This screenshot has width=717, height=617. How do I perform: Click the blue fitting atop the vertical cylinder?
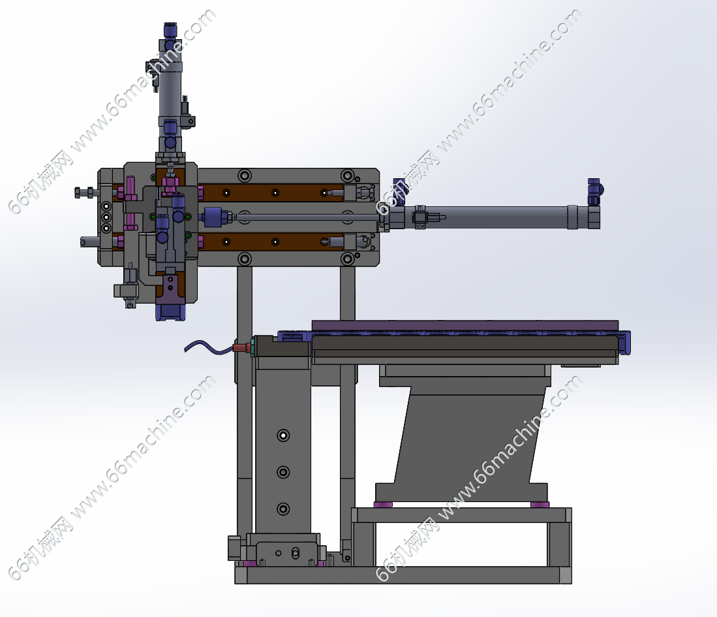(x=170, y=31)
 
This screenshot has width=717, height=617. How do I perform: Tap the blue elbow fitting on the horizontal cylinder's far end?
(x=595, y=192)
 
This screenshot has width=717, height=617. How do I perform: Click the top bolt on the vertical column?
(x=284, y=435)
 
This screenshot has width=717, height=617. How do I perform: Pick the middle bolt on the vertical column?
(x=284, y=472)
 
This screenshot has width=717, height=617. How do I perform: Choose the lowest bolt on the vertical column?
(x=284, y=509)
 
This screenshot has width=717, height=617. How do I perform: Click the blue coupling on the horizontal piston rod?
(x=216, y=217)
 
